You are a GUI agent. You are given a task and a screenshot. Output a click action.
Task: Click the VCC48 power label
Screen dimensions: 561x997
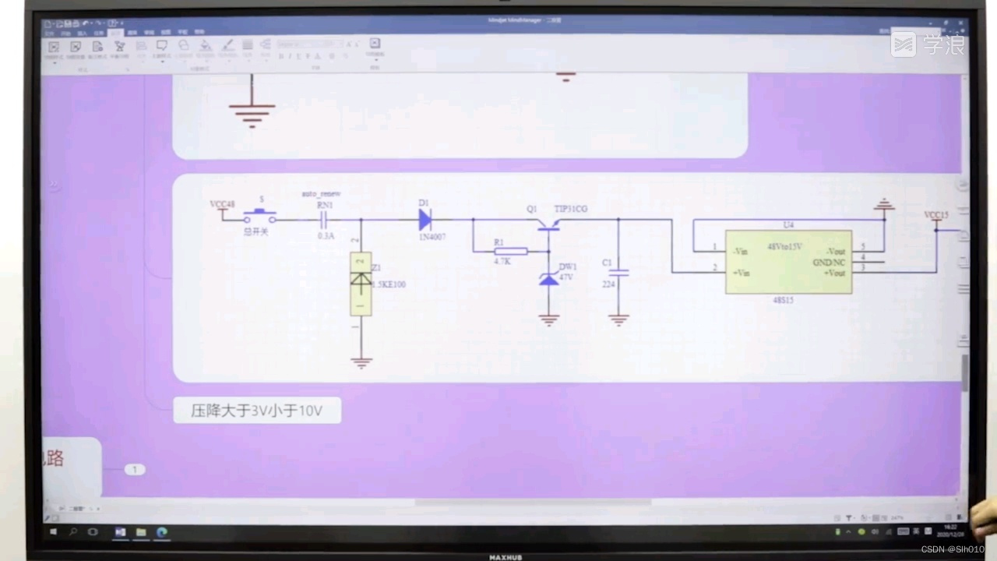(222, 204)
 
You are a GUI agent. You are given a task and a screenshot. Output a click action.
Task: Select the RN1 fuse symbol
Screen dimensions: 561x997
(325, 221)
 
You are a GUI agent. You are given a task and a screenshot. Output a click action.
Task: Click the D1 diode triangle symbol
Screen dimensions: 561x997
(425, 220)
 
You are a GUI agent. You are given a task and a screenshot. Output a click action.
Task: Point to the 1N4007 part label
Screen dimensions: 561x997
(432, 236)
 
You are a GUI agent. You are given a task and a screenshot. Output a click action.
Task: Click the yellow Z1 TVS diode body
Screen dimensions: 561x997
(360, 284)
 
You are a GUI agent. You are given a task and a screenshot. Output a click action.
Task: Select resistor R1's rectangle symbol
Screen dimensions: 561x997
(511, 251)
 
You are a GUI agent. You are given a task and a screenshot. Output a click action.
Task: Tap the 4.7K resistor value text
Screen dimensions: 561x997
(502, 262)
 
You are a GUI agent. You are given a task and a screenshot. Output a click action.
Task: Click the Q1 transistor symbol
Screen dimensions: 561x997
(549, 224)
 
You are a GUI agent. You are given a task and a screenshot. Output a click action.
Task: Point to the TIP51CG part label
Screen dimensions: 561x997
(570, 209)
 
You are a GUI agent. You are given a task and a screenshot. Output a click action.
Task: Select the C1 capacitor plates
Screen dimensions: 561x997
(618, 273)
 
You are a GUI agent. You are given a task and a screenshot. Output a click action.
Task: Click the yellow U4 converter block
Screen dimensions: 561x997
(788, 262)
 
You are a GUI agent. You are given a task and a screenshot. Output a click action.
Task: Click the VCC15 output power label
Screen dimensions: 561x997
(935, 215)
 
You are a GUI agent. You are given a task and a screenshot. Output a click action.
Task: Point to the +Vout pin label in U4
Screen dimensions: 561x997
(834, 273)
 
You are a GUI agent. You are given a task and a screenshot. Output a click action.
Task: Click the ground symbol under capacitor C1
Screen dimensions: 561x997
(618, 319)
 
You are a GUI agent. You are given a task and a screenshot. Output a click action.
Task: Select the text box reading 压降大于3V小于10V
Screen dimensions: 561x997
(257, 410)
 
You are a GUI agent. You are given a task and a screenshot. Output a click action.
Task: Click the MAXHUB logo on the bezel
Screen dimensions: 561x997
(505, 557)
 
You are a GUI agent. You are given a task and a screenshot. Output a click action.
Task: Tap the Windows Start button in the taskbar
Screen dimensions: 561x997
(54, 532)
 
